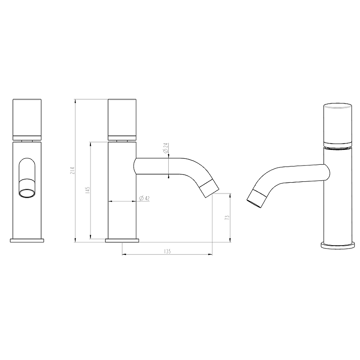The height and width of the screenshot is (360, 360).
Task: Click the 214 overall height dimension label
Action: pyautogui.click(x=72, y=170)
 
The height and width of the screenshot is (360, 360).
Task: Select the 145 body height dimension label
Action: pyautogui.click(x=87, y=190)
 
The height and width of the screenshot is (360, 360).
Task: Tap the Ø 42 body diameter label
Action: pyautogui.click(x=144, y=198)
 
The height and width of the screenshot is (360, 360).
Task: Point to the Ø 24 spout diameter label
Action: pyautogui.click(x=166, y=148)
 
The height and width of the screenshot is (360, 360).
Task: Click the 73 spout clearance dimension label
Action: pyautogui.click(x=227, y=218)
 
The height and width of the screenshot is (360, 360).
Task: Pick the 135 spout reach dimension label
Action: pyautogui.click(x=167, y=252)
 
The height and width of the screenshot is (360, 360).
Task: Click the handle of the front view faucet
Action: pyautogui.click(x=27, y=120)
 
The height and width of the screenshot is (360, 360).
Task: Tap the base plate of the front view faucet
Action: pyautogui.click(x=27, y=240)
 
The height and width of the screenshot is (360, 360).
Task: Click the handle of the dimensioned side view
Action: pyautogui.click(x=122, y=120)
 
